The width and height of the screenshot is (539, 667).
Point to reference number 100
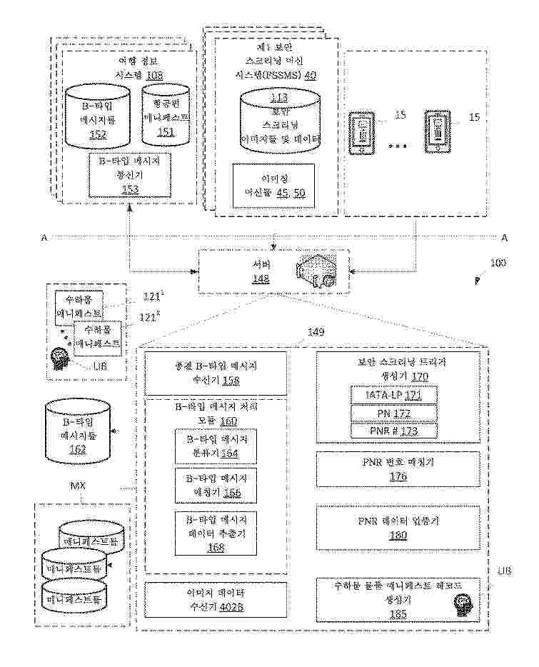click(x=497, y=263)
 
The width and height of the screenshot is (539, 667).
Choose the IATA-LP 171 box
click(x=393, y=394)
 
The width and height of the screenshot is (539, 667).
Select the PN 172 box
click(x=393, y=413)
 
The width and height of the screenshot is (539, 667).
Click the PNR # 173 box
click(x=393, y=431)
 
